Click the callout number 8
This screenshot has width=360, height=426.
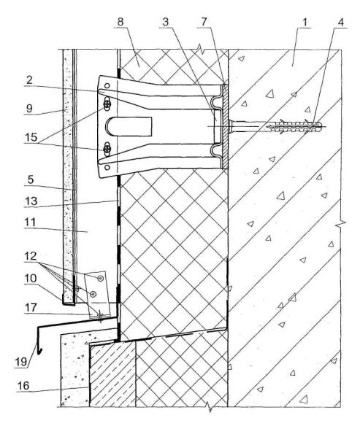tap(120, 22)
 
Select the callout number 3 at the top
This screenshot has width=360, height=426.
tap(166, 22)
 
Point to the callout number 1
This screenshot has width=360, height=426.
tap(305, 22)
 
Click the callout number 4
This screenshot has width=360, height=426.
tap(340, 22)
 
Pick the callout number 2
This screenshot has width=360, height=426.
tap(29, 80)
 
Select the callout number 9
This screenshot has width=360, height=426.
tap(29, 109)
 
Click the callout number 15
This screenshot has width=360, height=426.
tap(31, 137)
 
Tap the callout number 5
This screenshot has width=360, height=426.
tap(31, 180)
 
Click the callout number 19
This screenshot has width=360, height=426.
tap(21, 362)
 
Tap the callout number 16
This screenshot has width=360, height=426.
tap(23, 386)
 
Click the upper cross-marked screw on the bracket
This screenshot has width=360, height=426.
tap(108, 104)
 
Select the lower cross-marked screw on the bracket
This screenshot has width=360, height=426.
tap(108, 149)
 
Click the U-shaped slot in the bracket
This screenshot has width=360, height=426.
tap(129, 127)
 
